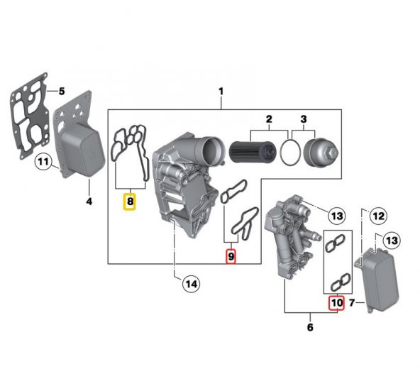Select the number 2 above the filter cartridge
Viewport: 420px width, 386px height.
[x=269, y=118]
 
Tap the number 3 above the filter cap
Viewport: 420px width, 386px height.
[x=303, y=118]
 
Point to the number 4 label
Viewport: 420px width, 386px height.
[x=89, y=202]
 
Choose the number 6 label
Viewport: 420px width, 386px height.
[x=309, y=328]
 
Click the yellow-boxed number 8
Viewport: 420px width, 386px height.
[x=130, y=202]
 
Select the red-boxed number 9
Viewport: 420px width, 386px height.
[x=231, y=255]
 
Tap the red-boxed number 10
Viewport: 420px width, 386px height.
[x=336, y=303]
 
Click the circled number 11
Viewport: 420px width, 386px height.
[x=44, y=163]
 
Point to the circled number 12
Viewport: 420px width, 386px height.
[x=378, y=216]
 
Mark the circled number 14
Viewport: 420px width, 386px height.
[x=190, y=284]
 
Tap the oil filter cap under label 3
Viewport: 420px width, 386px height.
[x=319, y=150]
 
